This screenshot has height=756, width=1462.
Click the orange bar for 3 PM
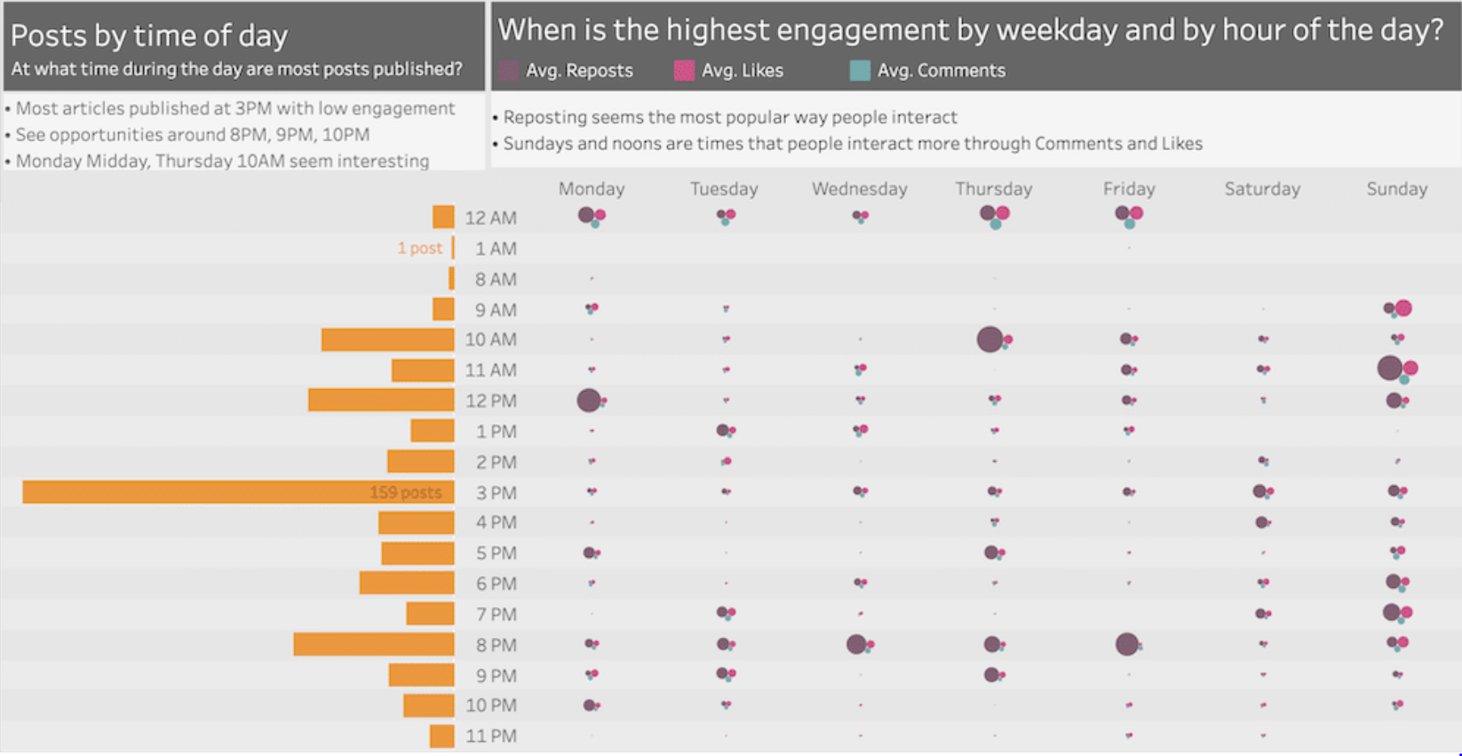click(238, 492)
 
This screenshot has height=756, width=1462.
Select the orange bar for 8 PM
click(373, 644)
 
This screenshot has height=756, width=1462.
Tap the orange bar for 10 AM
click(387, 339)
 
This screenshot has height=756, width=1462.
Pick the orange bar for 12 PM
click(381, 401)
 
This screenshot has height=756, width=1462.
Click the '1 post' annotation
click(419, 249)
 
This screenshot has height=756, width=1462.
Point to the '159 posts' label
click(405, 493)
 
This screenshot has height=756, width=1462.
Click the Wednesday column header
click(859, 188)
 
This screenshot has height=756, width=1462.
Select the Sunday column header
click(1396, 188)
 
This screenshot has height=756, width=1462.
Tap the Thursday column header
click(993, 188)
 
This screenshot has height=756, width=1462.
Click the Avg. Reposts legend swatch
click(508, 71)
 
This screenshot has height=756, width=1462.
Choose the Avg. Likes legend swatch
click(684, 71)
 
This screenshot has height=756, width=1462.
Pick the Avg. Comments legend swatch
click(860, 71)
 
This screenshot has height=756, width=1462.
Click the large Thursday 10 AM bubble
click(989, 339)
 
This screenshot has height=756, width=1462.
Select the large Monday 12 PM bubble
click(588, 401)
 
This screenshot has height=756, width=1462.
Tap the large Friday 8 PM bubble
click(1126, 644)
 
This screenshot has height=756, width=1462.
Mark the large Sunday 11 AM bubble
click(1389, 368)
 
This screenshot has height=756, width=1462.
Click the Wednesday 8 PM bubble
click(856, 644)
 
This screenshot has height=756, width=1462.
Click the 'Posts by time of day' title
click(149, 36)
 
